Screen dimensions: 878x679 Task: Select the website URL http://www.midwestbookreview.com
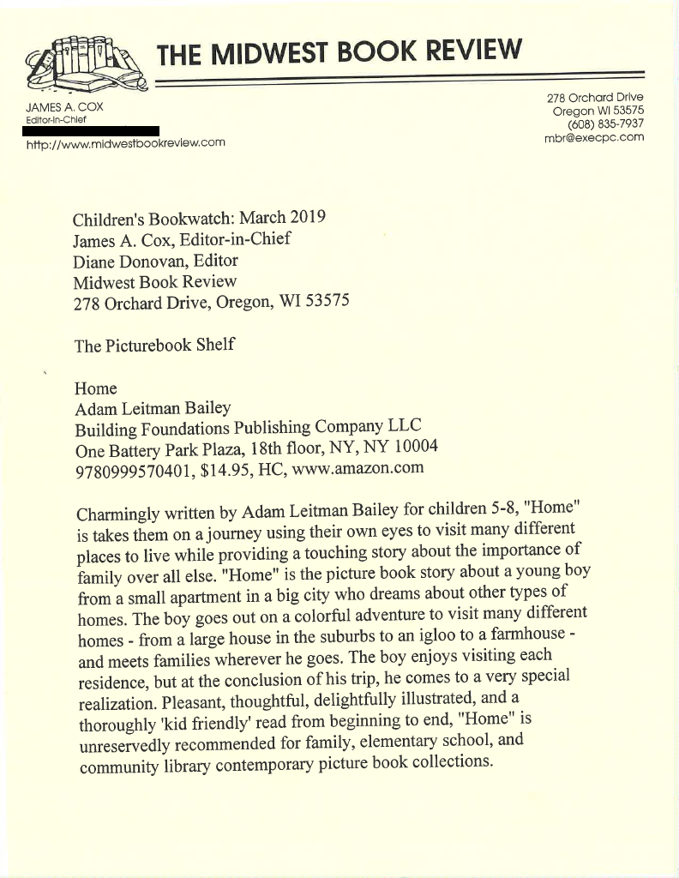pyautogui.click(x=125, y=142)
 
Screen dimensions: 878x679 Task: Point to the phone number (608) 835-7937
pyautogui.click(x=604, y=123)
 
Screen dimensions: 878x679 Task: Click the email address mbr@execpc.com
pyautogui.click(x=593, y=137)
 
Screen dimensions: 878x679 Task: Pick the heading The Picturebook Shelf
pyautogui.click(x=154, y=346)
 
